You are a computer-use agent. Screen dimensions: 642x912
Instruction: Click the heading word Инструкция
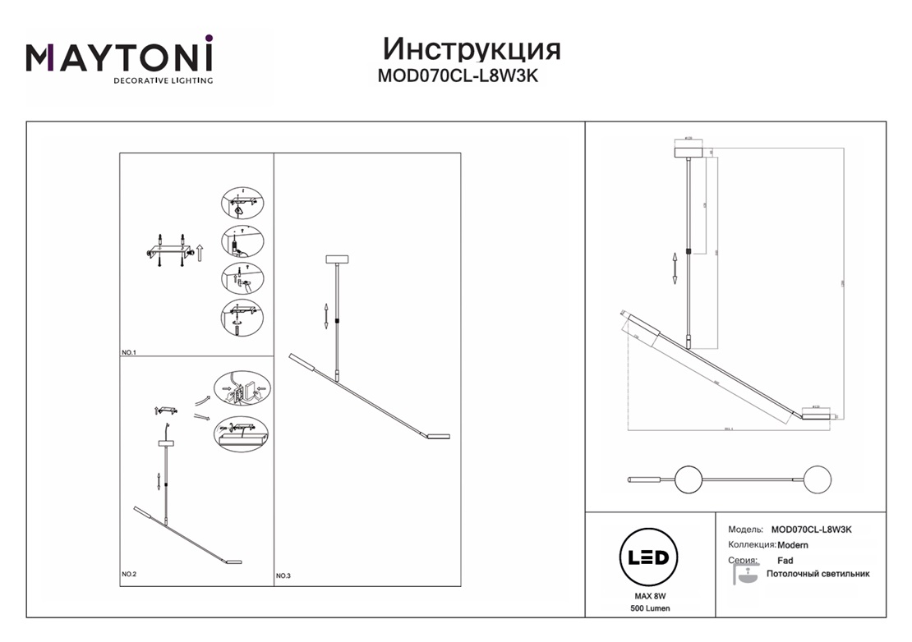tap(472, 48)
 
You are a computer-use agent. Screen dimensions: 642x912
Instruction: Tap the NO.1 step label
tap(128, 352)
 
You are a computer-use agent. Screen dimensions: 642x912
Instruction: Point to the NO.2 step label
tap(128, 574)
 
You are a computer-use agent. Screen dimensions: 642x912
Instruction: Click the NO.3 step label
tap(283, 576)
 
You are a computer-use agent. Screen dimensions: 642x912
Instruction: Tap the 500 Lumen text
tap(647, 608)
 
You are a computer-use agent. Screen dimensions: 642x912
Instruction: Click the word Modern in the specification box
tap(793, 545)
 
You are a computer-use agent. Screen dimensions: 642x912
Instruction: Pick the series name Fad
tap(785, 561)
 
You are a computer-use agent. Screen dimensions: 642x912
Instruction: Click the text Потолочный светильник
tap(818, 574)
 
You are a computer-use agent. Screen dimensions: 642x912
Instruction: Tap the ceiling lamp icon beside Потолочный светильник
tap(745, 575)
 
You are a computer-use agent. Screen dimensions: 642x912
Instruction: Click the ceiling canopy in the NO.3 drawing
tap(338, 259)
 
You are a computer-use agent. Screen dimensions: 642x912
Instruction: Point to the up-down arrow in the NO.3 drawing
tap(327, 315)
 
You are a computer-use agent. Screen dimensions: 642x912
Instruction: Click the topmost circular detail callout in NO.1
tap(242, 204)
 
